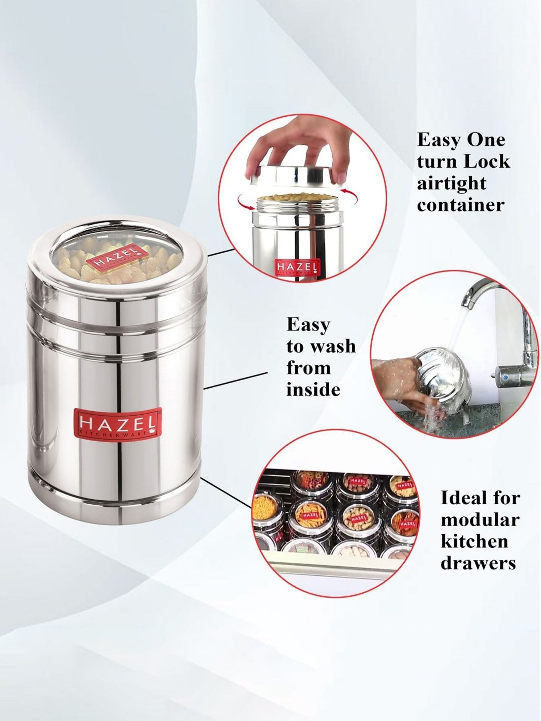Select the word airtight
click(452, 183)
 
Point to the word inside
click(313, 390)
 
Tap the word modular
click(480, 520)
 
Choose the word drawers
click(478, 563)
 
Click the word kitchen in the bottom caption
click(474, 541)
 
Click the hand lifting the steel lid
click(299, 144)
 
